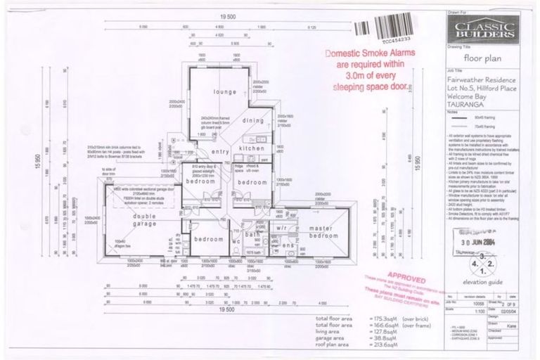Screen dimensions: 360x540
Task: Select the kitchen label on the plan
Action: click(x=252, y=149)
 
